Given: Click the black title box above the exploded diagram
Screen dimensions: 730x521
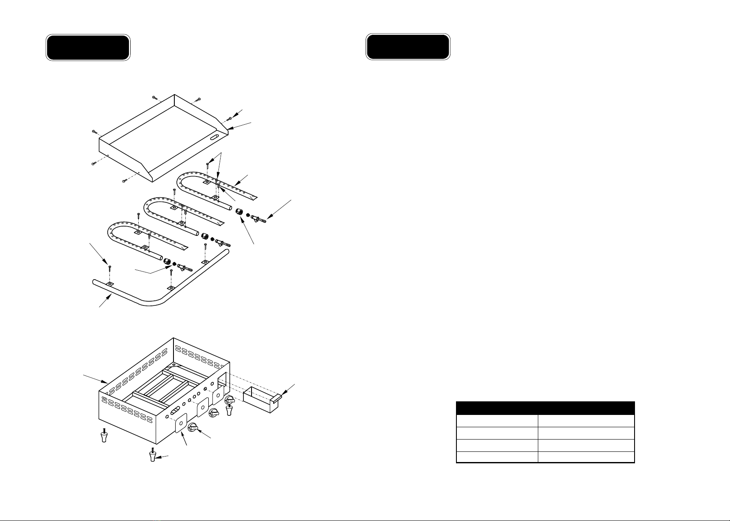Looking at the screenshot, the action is click(88, 48).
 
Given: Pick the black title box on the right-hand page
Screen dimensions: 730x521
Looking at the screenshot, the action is click(408, 47).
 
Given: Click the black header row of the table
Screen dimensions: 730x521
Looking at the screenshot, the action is click(545, 408).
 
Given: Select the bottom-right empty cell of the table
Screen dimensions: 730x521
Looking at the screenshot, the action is click(586, 457).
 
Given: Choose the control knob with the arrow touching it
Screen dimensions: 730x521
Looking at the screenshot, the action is click(193, 428).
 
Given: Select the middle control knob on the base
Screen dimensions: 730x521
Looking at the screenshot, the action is click(214, 412).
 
